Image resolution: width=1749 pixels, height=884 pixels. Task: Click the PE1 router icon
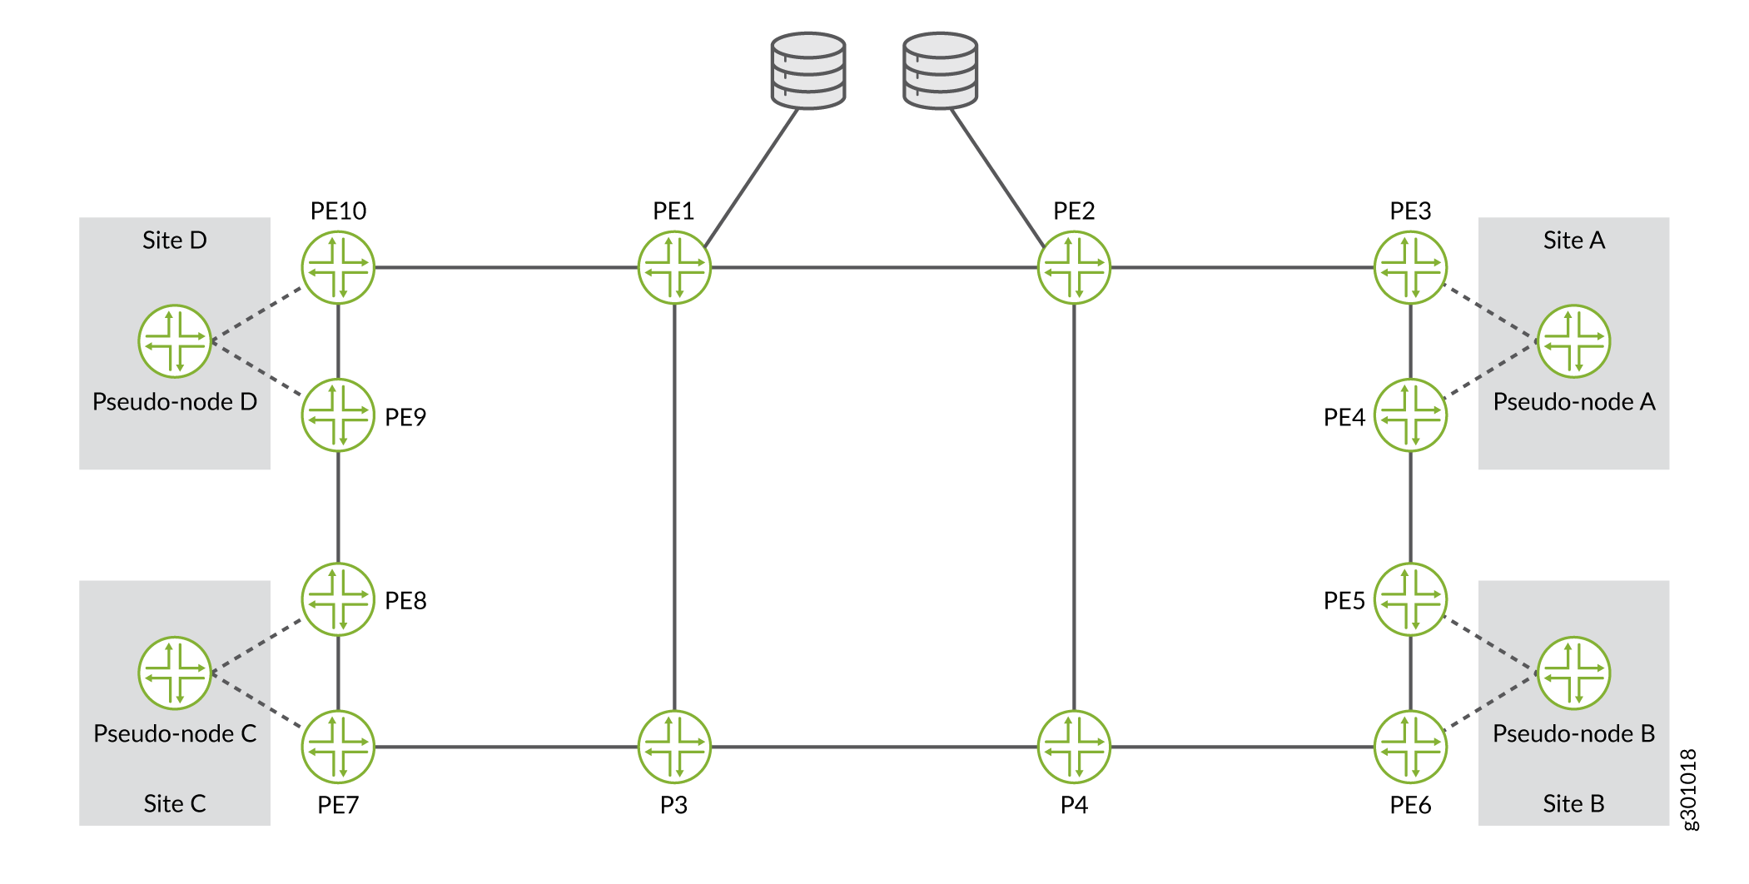click(x=674, y=267)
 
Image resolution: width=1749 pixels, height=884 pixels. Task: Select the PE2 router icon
click(x=1074, y=267)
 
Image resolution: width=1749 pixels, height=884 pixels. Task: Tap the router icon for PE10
click(x=338, y=267)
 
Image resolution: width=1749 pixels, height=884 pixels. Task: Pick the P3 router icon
click(x=674, y=747)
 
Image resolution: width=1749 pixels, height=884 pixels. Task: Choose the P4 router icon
click(x=1074, y=747)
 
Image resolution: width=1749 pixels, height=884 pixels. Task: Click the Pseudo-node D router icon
click(x=175, y=341)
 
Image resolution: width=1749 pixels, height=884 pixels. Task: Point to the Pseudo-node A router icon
click(x=1574, y=341)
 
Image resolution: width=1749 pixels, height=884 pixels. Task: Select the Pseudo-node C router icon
click(x=175, y=673)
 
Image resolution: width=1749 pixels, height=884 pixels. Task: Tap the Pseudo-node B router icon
click(x=1574, y=673)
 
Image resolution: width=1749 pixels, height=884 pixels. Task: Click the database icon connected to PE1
click(x=808, y=71)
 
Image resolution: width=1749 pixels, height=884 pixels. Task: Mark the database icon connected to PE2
click(x=941, y=71)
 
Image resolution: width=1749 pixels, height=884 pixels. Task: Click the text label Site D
click(x=175, y=241)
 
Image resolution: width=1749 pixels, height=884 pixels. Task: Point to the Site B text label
click(x=1573, y=804)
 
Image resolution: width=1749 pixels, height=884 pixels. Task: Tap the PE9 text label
click(x=405, y=417)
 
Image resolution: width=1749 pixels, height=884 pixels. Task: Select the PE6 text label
click(x=1411, y=805)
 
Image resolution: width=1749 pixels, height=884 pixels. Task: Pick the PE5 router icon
click(x=1411, y=599)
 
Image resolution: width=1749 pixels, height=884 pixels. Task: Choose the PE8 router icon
click(x=338, y=599)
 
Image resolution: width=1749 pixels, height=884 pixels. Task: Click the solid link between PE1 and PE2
click(x=874, y=267)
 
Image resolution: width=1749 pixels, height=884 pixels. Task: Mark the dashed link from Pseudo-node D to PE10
click(x=257, y=314)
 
